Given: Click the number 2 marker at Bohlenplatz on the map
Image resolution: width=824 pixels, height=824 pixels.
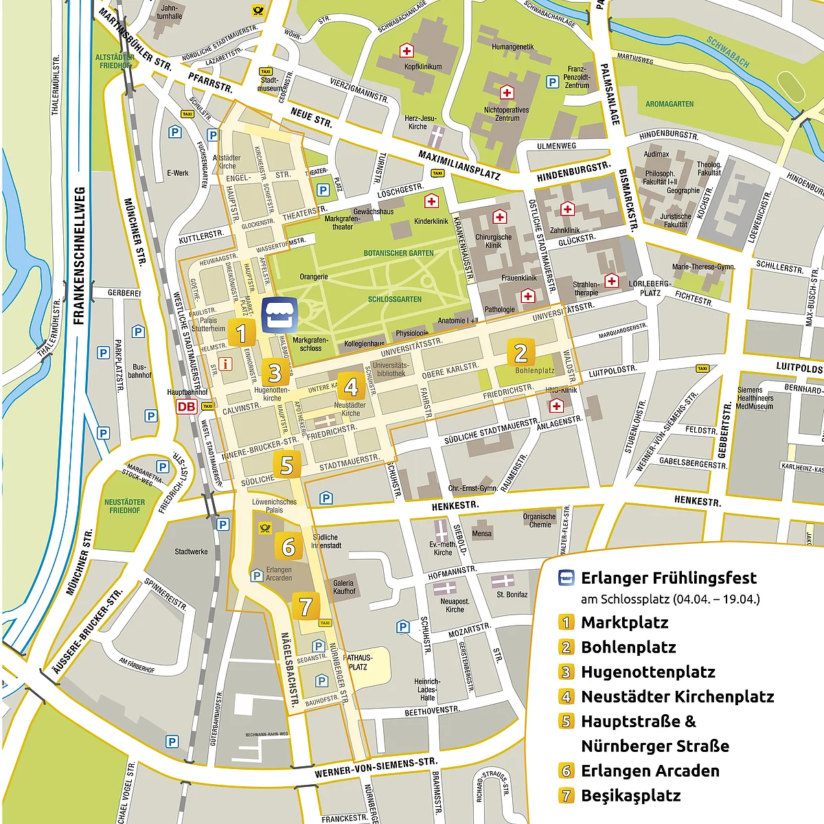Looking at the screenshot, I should click(520, 353).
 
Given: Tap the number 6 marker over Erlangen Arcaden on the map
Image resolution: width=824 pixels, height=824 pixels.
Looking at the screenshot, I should click(288, 547).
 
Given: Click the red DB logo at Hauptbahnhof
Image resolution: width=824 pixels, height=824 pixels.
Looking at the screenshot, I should click(186, 407).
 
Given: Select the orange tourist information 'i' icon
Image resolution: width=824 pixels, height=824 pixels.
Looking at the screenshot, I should click(224, 363).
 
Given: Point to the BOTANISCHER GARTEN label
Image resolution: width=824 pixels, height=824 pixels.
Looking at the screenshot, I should click(398, 253).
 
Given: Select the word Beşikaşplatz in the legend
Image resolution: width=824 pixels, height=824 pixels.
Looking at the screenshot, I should click(630, 796).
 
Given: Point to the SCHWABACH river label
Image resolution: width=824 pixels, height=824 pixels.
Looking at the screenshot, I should click(728, 52).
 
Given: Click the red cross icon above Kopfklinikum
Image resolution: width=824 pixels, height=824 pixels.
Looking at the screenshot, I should click(407, 51).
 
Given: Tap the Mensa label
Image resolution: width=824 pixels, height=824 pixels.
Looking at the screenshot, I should click(481, 534).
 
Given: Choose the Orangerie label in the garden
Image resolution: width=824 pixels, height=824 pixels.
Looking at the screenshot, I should click(314, 277).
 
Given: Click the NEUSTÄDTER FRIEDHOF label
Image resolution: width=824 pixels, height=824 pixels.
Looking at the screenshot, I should click(124, 506).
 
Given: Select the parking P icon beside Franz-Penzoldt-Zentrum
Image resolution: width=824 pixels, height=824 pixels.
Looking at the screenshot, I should click(552, 82).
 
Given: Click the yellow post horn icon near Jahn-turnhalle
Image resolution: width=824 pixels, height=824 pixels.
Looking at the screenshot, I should click(258, 10).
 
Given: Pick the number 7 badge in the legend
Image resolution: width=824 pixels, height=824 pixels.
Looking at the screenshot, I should click(566, 796).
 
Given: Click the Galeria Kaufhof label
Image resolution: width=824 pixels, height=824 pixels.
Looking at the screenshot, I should click(344, 587).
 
